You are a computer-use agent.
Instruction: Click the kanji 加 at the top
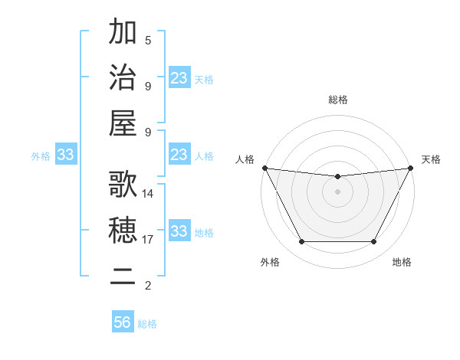(x=123, y=33)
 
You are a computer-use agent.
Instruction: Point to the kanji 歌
(x=123, y=185)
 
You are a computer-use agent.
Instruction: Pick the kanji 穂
(x=123, y=230)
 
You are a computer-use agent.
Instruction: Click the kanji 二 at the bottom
(x=123, y=275)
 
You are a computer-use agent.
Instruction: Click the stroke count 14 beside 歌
(x=148, y=194)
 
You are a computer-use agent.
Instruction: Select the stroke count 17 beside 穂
(x=148, y=240)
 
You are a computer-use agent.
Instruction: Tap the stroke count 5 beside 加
(x=148, y=41)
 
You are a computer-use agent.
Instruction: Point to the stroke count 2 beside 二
(x=148, y=286)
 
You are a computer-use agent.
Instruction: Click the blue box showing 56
(x=122, y=322)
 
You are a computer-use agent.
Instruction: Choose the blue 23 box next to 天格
(x=179, y=78)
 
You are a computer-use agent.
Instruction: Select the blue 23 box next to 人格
(x=179, y=155)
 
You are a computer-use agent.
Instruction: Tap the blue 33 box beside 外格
(x=65, y=155)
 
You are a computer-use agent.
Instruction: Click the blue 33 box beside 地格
(x=179, y=231)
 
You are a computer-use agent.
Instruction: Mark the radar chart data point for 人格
(x=264, y=168)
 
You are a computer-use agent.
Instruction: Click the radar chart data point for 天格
(x=411, y=168)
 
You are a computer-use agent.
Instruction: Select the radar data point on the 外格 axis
(x=301, y=242)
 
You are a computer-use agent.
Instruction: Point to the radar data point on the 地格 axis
(x=374, y=242)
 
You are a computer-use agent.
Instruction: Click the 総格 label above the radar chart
(x=337, y=100)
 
